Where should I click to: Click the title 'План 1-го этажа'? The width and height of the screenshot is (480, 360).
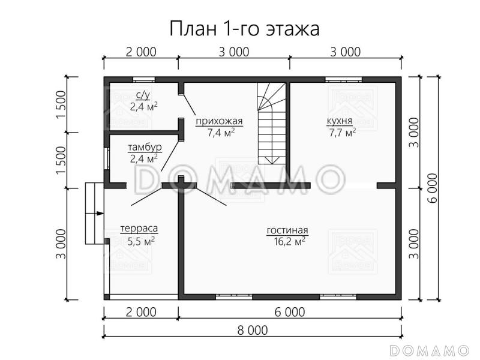[x=244, y=28]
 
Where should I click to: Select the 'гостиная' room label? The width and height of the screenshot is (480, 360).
[x=287, y=230]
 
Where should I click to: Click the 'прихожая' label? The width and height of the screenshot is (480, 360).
[x=219, y=122]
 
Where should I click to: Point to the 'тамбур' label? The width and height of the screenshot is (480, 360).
[x=144, y=147]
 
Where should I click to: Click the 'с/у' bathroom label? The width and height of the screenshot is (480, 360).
[x=143, y=95]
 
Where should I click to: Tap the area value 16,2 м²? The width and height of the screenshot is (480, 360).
[x=287, y=241]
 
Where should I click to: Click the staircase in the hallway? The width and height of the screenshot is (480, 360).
[x=271, y=123]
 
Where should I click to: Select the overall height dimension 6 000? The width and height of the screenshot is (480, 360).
[x=433, y=188]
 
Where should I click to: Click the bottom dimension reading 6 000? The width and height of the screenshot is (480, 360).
[x=290, y=312]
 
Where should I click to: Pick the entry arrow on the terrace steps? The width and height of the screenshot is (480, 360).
[x=95, y=213]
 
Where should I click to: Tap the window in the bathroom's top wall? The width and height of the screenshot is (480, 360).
[x=143, y=79]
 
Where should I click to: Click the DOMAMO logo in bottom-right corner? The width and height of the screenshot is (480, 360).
[x=429, y=350]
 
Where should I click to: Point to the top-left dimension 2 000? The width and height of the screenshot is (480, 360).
[x=142, y=52]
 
